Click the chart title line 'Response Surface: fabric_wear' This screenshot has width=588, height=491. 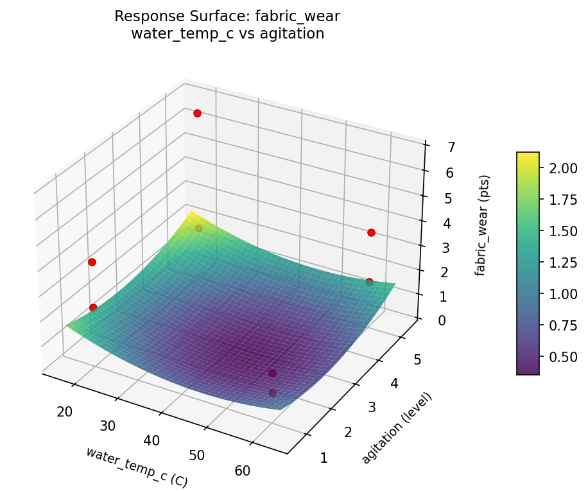pos(227,17)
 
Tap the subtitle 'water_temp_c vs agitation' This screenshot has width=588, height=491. pos(227,34)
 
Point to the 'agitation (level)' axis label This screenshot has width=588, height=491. pos(397,427)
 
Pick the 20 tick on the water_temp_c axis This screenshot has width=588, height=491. pos(64,411)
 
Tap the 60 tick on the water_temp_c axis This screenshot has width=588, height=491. pos(243,470)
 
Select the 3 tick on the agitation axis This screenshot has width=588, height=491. pos(372,407)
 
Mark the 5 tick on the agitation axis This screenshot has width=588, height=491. pos(417,360)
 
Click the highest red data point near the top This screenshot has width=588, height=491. pos(197,113)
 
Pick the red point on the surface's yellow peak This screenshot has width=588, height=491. pos(198,228)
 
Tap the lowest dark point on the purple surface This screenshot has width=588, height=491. pos(272,393)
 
